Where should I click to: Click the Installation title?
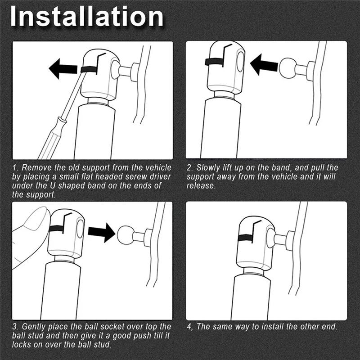pos(87,17)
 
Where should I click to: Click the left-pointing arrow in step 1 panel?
pos(63,69)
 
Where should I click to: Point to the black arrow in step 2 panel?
pos(264,64)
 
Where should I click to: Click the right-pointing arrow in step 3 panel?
pos(102,232)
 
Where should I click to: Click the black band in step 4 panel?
pos(246,238)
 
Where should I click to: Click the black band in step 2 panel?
pos(214,61)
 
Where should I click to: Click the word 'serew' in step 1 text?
pos(136,176)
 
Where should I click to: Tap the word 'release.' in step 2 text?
pos(201,185)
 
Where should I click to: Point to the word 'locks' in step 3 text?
pos(21,344)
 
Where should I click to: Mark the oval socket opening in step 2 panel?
pos(240,62)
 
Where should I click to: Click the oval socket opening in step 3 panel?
pos(80,229)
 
